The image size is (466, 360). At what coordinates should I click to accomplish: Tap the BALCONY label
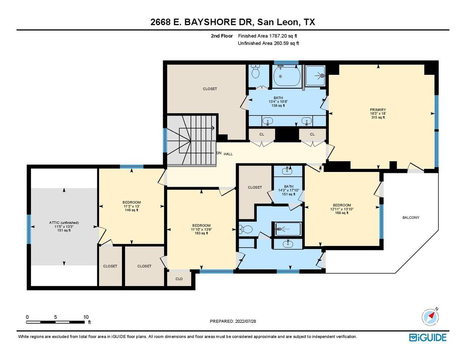coord(411,218)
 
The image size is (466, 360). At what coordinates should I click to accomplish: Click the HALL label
coord(228,154)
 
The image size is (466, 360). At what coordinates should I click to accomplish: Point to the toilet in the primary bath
coord(255,71)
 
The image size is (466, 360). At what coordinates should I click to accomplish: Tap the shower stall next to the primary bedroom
coord(315,76)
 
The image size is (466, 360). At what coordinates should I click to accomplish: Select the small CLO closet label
coord(179,279)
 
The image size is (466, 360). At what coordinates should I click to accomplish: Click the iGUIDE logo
coord(427,338)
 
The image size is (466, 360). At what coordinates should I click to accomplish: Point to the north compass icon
coord(430,317)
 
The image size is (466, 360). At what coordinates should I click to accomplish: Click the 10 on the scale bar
coord(86,317)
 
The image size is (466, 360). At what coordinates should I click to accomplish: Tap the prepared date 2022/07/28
coord(246,321)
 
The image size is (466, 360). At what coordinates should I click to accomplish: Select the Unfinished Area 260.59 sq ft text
coord(268,43)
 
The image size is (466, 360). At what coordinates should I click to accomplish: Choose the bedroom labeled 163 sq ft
coord(201,229)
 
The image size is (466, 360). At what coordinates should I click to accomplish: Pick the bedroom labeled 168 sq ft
coord(342,209)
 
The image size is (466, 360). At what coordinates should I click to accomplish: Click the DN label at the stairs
coord(219,153)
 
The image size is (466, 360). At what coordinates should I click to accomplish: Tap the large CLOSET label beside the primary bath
coord(210,89)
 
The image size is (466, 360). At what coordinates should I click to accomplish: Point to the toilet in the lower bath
coord(246,229)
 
